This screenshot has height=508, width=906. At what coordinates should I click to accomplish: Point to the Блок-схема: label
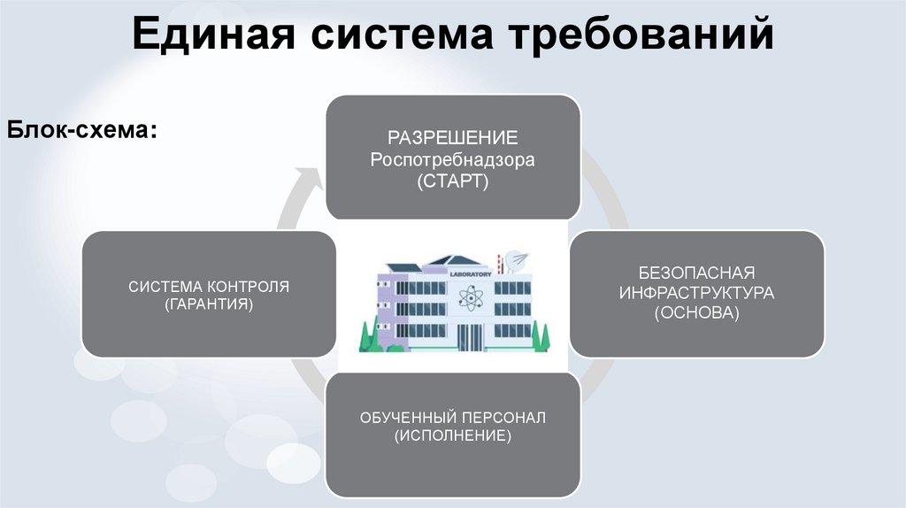(84, 131)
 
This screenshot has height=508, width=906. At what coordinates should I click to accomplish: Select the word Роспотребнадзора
(453, 160)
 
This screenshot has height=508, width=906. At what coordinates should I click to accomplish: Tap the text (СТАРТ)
(453, 181)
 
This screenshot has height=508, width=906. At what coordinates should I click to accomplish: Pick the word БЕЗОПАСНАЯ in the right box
(696, 272)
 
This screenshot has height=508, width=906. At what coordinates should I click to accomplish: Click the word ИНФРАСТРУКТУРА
(696, 292)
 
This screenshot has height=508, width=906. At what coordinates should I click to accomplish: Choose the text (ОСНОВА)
(696, 313)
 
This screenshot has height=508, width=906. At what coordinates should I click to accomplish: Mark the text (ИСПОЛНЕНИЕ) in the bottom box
(453, 436)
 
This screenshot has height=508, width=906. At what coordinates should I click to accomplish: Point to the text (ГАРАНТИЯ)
(209, 304)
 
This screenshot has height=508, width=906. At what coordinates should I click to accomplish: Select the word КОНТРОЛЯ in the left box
(248, 287)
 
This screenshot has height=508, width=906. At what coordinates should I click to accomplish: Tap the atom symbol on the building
(468, 297)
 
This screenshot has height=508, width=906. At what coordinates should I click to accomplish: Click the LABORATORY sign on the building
(469, 274)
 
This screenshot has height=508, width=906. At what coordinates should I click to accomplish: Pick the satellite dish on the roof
(518, 260)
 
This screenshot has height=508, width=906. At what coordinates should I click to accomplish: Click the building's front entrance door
(468, 336)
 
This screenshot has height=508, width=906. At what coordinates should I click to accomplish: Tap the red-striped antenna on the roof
(501, 263)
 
